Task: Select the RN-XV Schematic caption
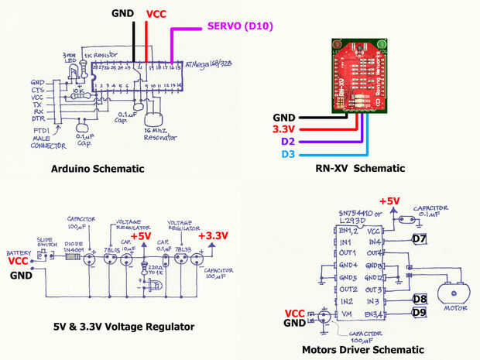click(x=360, y=169)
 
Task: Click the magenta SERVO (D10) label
click(x=242, y=27)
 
